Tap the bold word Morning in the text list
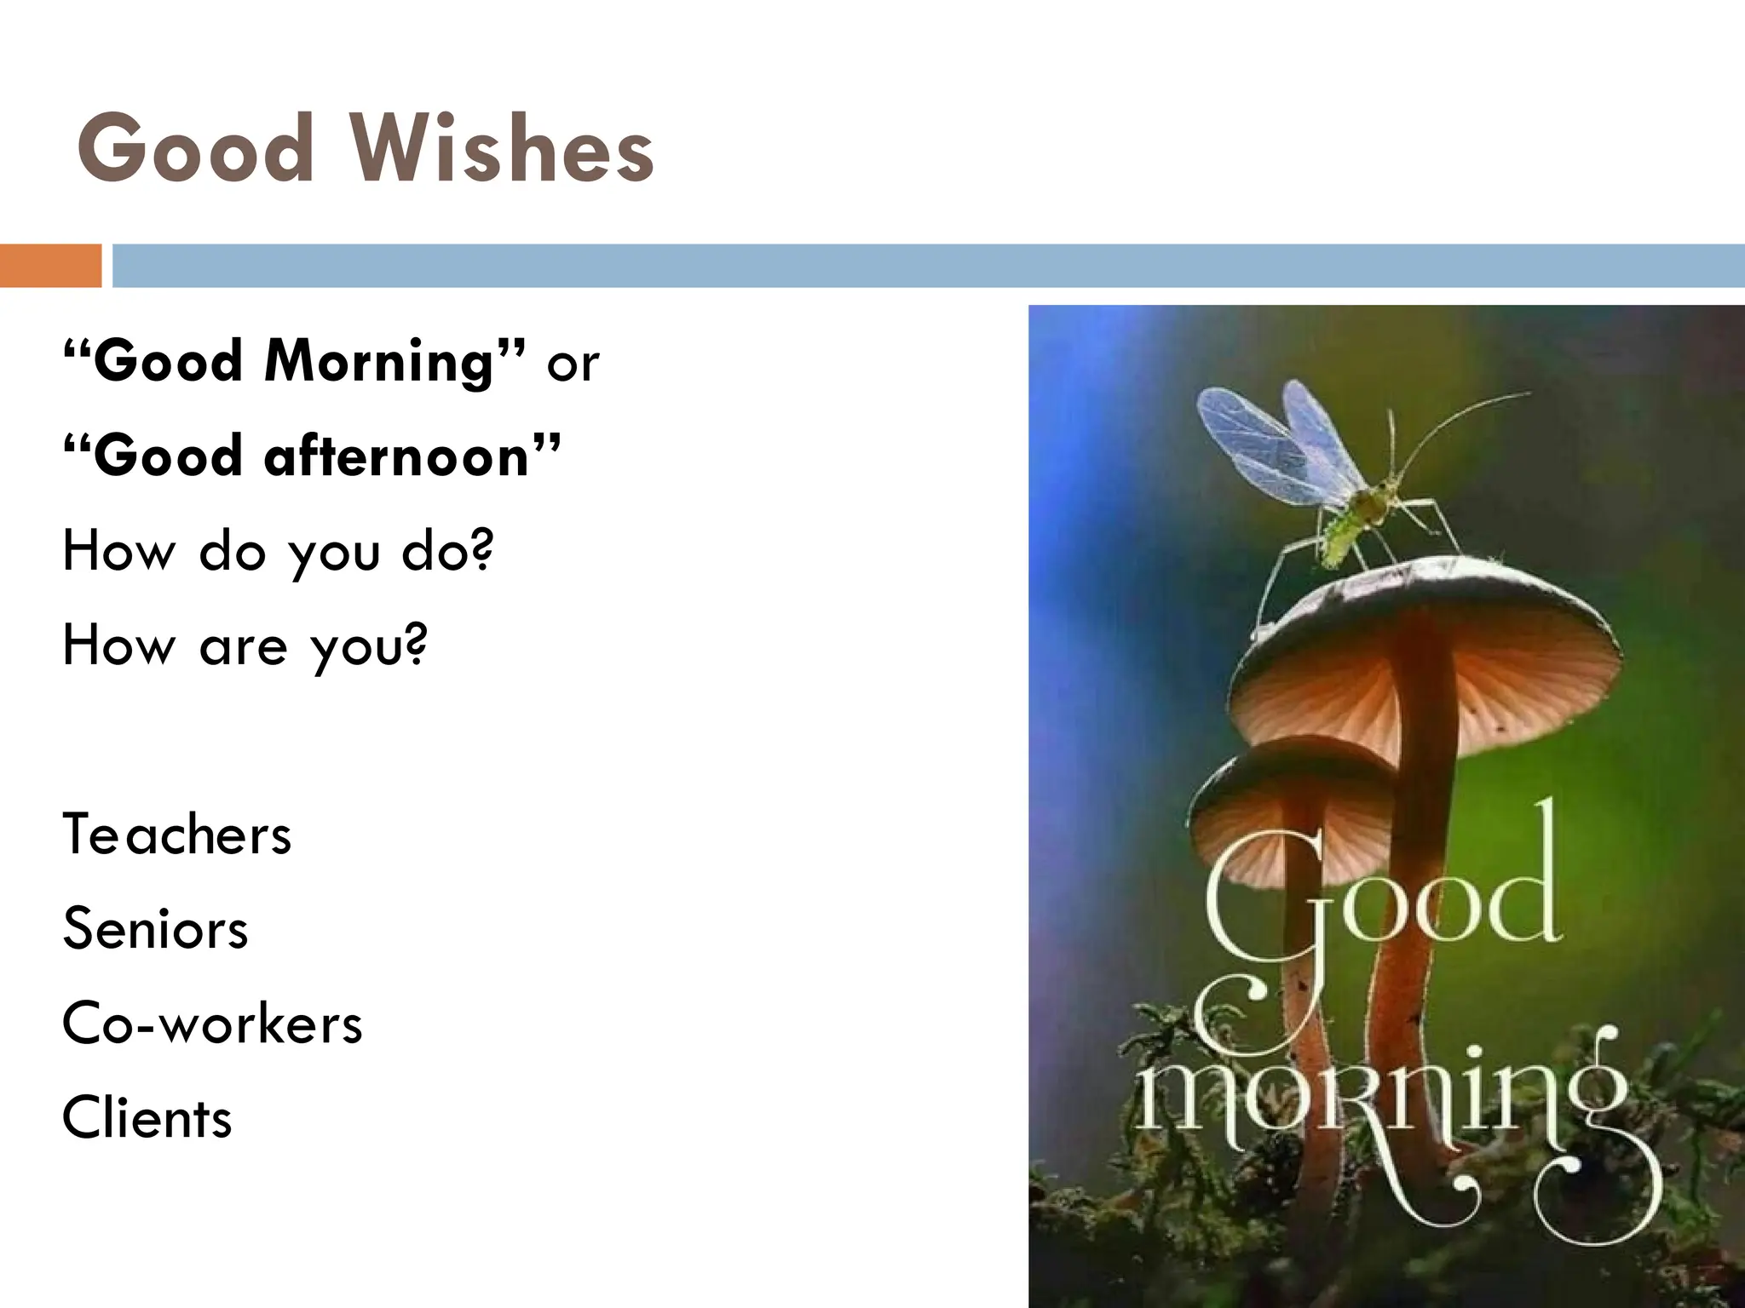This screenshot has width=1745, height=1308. (x=380, y=362)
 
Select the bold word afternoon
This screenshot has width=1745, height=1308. (x=397, y=456)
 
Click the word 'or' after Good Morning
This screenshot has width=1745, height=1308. (x=573, y=364)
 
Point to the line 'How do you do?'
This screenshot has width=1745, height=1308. (x=278, y=552)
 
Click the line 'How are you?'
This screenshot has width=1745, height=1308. (x=244, y=646)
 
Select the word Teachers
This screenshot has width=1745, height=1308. (x=177, y=835)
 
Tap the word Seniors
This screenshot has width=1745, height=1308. (x=155, y=928)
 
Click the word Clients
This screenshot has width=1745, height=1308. (x=147, y=1118)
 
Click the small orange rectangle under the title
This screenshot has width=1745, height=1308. (x=50, y=266)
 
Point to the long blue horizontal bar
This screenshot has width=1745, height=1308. (x=928, y=266)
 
